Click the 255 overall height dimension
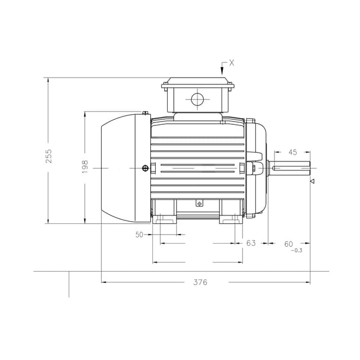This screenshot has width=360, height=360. click(x=49, y=156)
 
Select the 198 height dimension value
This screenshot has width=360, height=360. click(x=85, y=167)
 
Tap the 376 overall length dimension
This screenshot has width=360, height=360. click(x=200, y=282)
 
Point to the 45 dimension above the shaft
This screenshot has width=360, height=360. click(x=292, y=152)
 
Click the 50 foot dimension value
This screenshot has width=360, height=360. click(x=139, y=235)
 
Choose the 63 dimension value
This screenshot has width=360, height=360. click(x=251, y=243)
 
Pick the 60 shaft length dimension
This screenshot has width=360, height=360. click(x=289, y=244)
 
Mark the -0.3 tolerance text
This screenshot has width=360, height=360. click(x=296, y=250)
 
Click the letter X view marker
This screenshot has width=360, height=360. click(x=232, y=63)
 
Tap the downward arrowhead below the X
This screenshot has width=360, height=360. click(x=222, y=71)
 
